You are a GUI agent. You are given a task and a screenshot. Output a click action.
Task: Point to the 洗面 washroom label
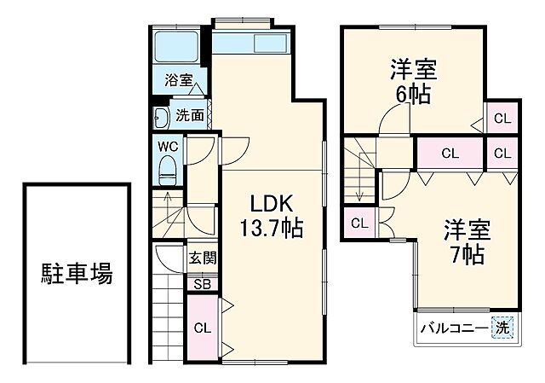(189, 115)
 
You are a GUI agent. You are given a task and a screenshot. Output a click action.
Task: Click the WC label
(168, 146)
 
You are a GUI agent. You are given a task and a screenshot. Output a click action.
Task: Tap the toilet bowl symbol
(169, 167)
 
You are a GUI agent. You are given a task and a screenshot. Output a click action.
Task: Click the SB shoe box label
(203, 285)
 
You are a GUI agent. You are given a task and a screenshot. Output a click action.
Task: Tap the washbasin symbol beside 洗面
(162, 117)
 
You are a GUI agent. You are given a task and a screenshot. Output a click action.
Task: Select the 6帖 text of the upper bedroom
(415, 93)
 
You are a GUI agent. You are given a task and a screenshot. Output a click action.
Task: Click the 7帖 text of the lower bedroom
(467, 253)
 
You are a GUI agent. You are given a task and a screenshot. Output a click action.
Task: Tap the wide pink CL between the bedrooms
(449, 154)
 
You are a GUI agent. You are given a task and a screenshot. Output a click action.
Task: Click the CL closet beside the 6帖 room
(502, 119)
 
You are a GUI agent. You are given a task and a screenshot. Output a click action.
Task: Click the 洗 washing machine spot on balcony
(502, 328)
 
